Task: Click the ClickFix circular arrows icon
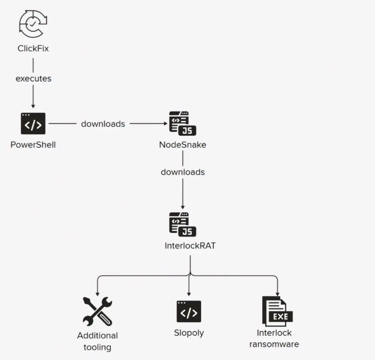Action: coord(33,24)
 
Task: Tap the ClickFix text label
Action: coord(33,48)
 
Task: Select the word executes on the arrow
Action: coord(33,79)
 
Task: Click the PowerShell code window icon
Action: coord(33,124)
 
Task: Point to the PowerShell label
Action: coord(33,145)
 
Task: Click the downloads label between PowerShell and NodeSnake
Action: coord(103,124)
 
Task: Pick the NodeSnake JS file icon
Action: coord(183,123)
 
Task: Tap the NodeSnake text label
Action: coord(183,145)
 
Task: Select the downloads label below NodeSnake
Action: coord(183,172)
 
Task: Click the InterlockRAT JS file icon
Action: coord(183,224)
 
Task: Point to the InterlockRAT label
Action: coord(190,245)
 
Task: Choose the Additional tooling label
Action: coord(97,341)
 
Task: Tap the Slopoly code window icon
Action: coord(189,311)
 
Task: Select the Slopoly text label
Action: coord(189,333)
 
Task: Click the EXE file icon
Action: coord(277,311)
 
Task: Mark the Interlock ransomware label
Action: coord(274,339)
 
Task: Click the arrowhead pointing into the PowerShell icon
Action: coord(33,106)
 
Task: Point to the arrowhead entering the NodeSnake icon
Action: coord(165,124)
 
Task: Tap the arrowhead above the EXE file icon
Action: coord(277,294)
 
